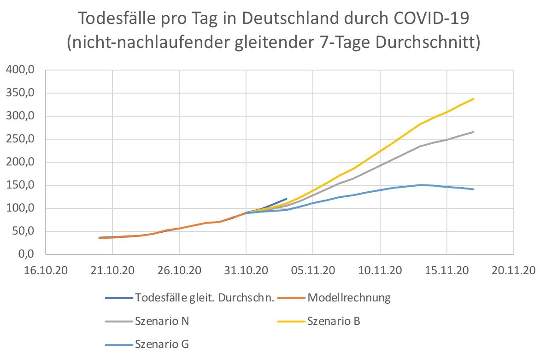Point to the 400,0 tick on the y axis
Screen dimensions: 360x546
tap(20, 70)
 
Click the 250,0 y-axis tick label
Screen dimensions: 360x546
tap(20, 139)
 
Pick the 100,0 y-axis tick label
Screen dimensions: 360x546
tap(20, 208)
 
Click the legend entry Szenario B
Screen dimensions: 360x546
tap(335, 321)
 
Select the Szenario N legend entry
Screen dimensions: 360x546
tap(162, 321)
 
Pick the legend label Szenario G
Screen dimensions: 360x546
tap(162, 344)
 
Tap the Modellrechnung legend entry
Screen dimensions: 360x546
tap(349, 298)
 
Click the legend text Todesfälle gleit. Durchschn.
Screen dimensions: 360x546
tap(205, 298)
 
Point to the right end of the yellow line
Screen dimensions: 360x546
tap(474, 99)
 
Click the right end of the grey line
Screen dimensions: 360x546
tap(474, 132)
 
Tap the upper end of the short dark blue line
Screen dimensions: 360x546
tap(286, 199)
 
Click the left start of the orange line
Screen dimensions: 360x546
tap(99, 238)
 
